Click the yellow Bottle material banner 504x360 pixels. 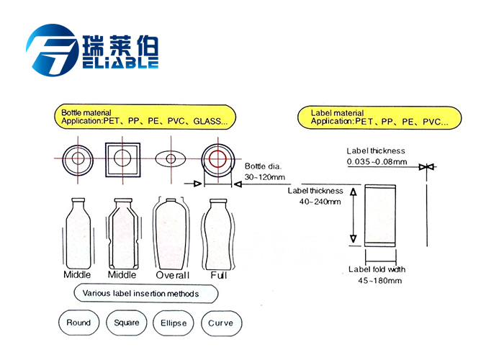[145, 117]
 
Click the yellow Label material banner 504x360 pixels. [379, 117]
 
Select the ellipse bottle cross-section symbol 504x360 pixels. [172, 158]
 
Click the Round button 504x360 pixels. [78, 323]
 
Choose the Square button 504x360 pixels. [127, 323]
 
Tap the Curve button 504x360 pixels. [220, 323]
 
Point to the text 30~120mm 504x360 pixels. [264, 176]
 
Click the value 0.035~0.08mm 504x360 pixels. [377, 161]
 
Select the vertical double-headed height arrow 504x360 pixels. [354, 215]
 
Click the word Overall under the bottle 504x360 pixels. [172, 275]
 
